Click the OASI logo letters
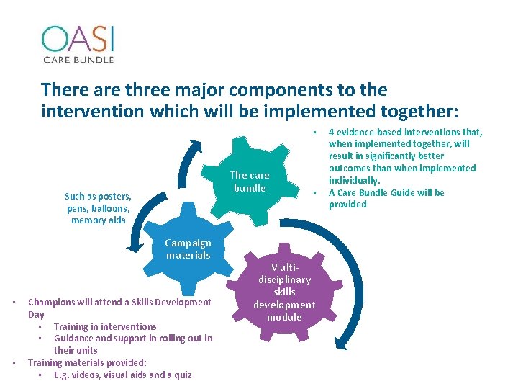click(78, 39)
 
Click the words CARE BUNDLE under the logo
click(78, 60)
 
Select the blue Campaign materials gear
click(188, 249)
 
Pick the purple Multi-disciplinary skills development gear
click(284, 292)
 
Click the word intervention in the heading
click(93, 111)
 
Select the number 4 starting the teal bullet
click(331, 133)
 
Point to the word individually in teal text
click(354, 180)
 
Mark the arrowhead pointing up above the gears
click(196, 146)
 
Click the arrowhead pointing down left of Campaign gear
click(135, 246)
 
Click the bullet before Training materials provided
click(14, 363)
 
